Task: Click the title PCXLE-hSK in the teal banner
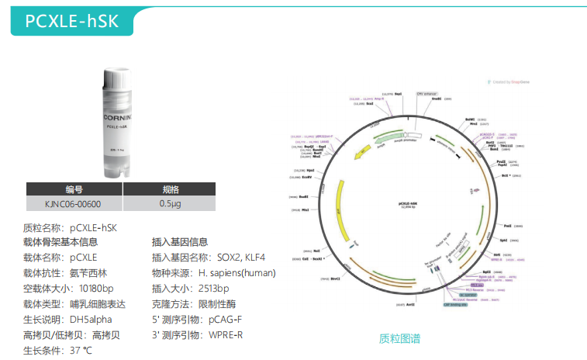[72, 21]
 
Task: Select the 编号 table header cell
[74, 189]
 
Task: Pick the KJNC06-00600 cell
[74, 205]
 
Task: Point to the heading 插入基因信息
[180, 242]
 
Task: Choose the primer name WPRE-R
[226, 334]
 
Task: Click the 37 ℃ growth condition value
[81, 350]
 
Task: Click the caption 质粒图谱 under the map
[399, 338]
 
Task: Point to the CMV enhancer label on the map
[427, 93]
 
